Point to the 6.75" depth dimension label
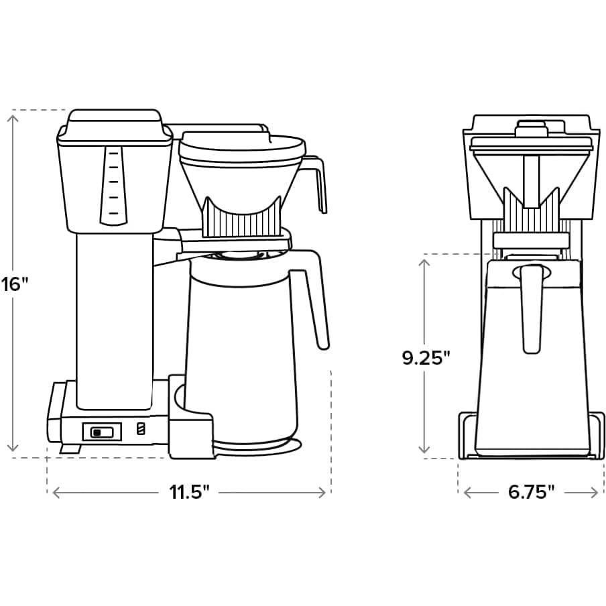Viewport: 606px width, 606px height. tap(531, 493)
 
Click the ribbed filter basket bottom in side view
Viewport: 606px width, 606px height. tap(243, 217)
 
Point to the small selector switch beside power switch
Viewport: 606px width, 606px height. tap(140, 430)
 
